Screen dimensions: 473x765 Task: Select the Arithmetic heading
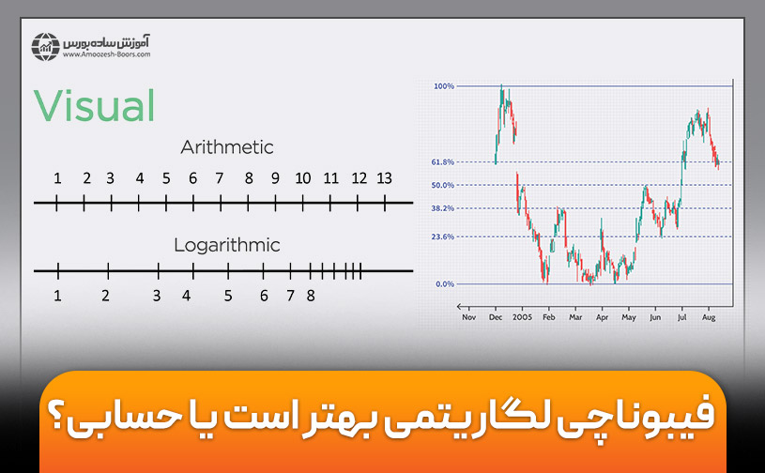227,147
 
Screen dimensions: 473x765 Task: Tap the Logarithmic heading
227,246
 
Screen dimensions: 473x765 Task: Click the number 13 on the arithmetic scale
384,178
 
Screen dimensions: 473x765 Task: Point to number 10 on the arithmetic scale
303,178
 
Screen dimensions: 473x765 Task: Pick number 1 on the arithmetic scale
57,178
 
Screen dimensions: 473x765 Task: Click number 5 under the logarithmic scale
228,296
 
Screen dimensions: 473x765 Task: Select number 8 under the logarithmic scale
311,296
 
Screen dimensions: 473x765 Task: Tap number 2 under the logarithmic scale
106,296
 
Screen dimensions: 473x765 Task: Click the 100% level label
444,86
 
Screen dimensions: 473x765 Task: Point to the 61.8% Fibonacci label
443,162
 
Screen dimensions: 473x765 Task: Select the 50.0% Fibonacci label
443,185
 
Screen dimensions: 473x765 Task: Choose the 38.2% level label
443,208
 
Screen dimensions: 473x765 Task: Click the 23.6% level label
443,237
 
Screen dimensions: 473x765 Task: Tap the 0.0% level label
445,283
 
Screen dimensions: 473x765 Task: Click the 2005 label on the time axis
523,317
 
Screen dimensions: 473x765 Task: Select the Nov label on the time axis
469,317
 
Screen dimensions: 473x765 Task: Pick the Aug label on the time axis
711,317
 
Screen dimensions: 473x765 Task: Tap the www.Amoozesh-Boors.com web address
107,54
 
